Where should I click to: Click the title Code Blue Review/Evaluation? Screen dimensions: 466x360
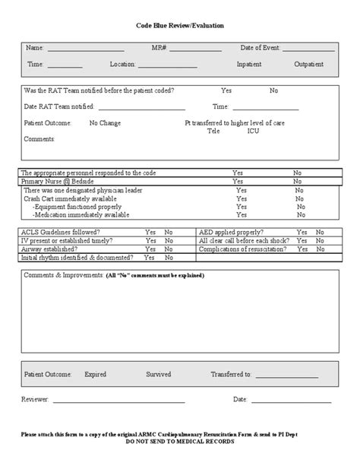point(180,25)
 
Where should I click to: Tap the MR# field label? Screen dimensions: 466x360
point(159,48)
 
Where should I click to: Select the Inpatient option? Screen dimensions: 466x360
point(249,65)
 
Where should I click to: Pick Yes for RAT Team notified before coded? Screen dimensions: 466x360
point(226,90)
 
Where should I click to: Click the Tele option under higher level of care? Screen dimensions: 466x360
point(213,131)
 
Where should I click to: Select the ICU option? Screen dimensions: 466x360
point(253,131)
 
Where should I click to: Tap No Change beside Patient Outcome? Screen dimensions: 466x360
point(104,122)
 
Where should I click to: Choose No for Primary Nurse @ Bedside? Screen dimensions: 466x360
point(298,182)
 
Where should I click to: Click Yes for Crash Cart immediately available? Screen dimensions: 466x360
point(242,198)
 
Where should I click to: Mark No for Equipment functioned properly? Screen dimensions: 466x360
point(301,207)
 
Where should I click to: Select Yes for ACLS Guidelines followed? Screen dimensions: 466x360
point(150,232)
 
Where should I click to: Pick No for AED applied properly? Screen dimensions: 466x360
point(320,232)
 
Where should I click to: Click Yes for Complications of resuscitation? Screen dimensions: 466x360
point(302,249)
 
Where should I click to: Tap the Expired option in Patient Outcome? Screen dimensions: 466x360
point(95,375)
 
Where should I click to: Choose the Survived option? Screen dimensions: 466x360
point(159,375)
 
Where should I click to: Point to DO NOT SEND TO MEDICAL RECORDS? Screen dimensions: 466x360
point(180,441)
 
